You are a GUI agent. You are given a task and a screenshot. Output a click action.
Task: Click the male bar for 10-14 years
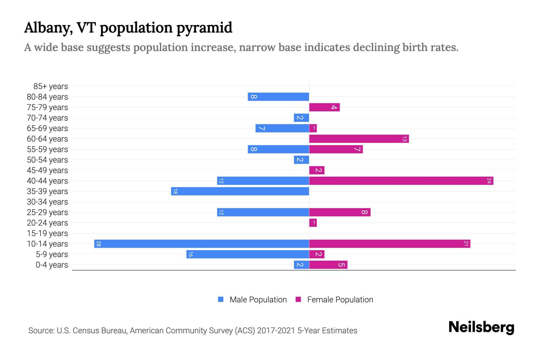coord(202,244)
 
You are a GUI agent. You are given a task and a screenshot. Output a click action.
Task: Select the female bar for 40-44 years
coord(401,181)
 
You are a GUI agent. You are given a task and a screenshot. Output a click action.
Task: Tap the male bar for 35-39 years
coord(240,191)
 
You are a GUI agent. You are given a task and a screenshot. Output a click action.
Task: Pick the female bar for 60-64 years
coord(359,139)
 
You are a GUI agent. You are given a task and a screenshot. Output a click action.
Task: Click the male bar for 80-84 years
coord(278,97)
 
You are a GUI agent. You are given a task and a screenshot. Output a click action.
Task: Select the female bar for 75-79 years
coord(324,107)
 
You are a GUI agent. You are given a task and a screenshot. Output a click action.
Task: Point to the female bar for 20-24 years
coord(313,223)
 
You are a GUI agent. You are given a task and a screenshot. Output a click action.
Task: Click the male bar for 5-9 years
coord(247,254)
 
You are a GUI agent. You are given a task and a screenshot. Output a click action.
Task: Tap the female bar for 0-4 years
coord(328,265)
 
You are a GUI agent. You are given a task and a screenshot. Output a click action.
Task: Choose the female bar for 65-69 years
coord(313,128)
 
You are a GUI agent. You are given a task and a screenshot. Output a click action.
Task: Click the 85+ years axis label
coord(51,86)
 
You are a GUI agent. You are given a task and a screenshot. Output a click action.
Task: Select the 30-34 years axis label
coord(47,202)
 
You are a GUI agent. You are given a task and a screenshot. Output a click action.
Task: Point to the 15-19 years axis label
coord(47,233)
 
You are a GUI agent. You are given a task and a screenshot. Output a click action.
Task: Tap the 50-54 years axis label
coord(47,160)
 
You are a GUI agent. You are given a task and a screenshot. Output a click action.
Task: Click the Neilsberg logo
coord(481,327)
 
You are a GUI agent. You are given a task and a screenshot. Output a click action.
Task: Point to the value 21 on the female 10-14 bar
coord(466,244)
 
